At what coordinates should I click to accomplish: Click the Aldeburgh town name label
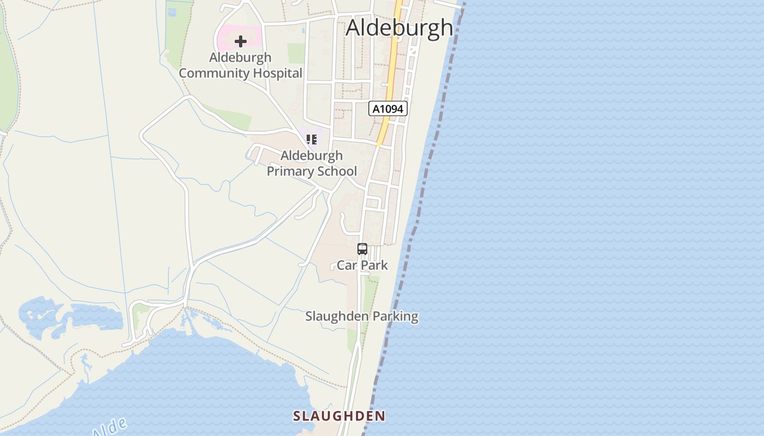(399, 28)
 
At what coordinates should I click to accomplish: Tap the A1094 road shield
(388, 108)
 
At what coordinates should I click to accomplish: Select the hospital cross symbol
(240, 41)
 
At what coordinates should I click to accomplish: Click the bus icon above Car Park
(362, 249)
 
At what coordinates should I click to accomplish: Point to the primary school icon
(312, 140)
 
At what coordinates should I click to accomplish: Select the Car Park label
(362, 265)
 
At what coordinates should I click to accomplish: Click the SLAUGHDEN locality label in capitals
(339, 416)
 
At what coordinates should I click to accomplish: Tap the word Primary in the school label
(288, 171)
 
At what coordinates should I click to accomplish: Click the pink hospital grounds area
(226, 36)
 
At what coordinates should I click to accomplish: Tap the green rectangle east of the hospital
(296, 53)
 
